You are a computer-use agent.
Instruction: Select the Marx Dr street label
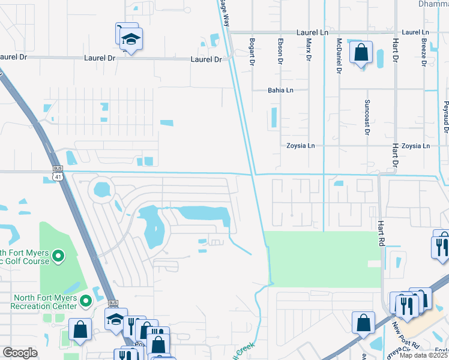coord(309,50)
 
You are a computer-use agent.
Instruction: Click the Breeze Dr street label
coord(424,52)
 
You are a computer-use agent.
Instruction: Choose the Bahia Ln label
coord(280,91)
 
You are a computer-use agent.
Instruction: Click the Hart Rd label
coord(381,233)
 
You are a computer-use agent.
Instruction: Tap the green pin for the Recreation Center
coord(85,300)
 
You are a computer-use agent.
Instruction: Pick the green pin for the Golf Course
coord(58,257)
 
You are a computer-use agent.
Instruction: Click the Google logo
coord(20,352)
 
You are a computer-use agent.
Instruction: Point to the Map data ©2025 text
coord(423,355)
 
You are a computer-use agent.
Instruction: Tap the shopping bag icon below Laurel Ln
coord(361,53)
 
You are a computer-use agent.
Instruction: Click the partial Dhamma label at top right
coord(432,4)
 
